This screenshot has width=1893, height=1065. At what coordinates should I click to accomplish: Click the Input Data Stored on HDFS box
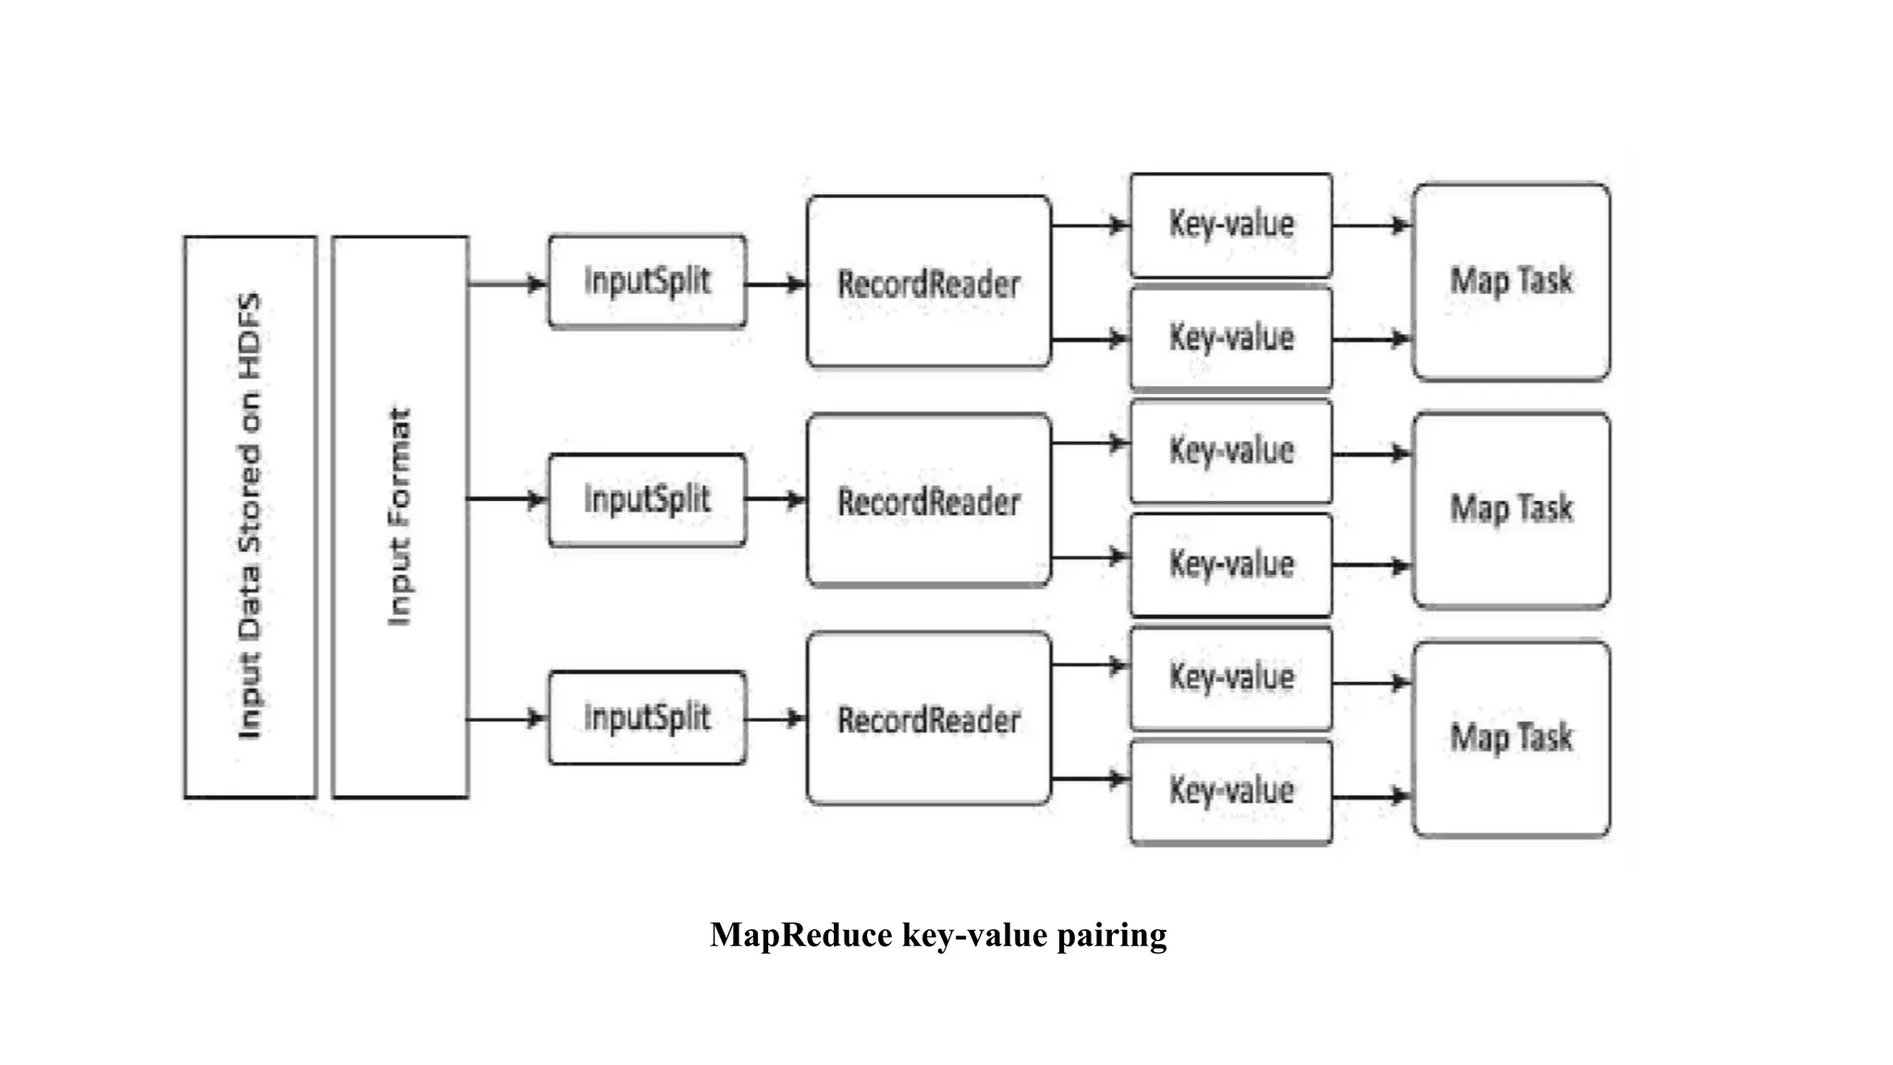point(250,517)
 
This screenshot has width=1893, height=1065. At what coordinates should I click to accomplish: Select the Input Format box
point(399,517)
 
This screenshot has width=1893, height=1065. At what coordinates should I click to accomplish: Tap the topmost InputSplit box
point(647,281)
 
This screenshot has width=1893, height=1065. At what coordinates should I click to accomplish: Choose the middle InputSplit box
point(647,500)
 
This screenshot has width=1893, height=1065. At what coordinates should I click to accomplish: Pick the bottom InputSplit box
point(647,717)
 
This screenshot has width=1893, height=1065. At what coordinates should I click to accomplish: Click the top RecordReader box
point(928,282)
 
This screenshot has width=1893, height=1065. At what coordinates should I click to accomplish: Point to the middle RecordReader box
point(928,500)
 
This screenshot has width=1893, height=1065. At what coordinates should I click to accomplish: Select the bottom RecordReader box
point(928,718)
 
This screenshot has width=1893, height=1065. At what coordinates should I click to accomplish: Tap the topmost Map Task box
point(1510,281)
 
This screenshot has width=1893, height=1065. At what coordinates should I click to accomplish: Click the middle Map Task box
point(1510,509)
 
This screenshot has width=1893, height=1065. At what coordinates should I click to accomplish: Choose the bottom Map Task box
point(1510,738)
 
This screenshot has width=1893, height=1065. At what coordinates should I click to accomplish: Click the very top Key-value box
point(1230,225)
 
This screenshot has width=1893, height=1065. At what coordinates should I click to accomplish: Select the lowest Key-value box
point(1230,791)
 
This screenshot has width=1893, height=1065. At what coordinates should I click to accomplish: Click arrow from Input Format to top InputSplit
point(507,284)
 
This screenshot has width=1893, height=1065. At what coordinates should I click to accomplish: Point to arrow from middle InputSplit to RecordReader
point(775,500)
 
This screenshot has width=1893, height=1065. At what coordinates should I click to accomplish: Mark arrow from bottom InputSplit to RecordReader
point(775,718)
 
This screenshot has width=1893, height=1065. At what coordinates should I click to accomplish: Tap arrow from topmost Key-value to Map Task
point(1372,225)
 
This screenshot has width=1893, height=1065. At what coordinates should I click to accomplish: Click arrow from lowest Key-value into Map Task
point(1372,796)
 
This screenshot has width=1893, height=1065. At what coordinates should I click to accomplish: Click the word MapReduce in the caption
point(800,935)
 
